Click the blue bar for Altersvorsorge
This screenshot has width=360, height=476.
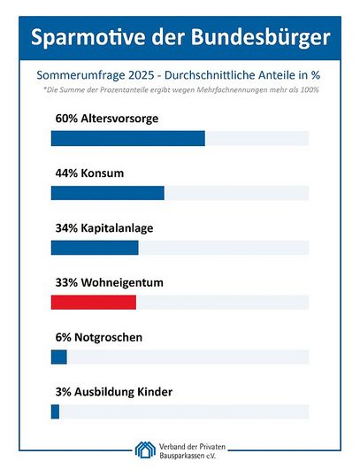point(127,138)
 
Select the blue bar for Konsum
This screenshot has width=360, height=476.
point(107,193)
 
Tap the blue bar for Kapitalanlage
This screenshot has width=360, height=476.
point(95,248)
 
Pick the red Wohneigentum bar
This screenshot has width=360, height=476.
point(94,303)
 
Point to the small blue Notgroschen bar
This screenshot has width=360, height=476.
point(59,357)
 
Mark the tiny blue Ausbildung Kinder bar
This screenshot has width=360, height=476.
point(55,411)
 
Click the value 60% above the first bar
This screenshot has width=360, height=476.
point(66,119)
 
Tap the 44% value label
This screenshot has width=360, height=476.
point(66,173)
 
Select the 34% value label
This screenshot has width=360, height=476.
point(66,228)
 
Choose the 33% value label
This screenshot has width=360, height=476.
point(66,282)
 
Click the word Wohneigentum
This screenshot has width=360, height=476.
point(122,283)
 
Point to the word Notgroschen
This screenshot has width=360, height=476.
point(109,337)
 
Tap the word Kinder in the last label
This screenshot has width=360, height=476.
point(155,392)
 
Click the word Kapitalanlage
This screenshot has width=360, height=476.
point(117,228)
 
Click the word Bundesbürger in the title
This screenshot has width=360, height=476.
point(260,38)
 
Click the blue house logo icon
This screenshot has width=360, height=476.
point(145,449)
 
